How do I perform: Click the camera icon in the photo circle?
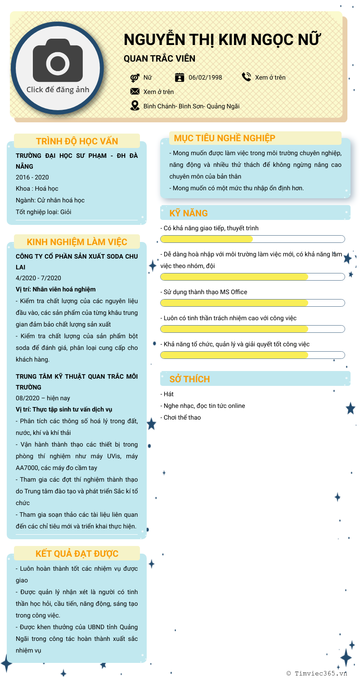pyautogui.click(x=58, y=61)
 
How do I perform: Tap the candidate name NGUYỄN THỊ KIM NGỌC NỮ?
pyautogui.click(x=222, y=40)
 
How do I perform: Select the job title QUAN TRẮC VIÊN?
pyautogui.click(x=159, y=59)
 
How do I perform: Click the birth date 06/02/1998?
pyautogui.click(x=205, y=77)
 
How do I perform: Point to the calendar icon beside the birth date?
pyautogui.click(x=180, y=77)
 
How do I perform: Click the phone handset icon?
pyautogui.click(x=246, y=77)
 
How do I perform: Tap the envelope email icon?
pyautogui.click(x=135, y=91)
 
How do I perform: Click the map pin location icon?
pyautogui.click(x=135, y=106)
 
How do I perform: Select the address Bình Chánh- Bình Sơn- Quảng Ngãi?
pyautogui.click(x=191, y=106)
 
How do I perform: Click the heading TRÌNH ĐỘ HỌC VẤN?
pyautogui.click(x=77, y=141)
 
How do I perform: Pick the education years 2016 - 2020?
pyautogui.click(x=32, y=177)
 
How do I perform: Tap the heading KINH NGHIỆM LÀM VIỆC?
pyautogui.click(x=77, y=242)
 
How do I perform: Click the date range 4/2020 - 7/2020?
pyautogui.click(x=38, y=278)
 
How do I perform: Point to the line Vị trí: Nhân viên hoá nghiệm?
pyautogui.click(x=56, y=289)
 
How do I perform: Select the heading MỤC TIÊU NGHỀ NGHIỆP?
pyautogui.click(x=225, y=138)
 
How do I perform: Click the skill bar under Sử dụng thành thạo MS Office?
pyautogui.click(x=252, y=303)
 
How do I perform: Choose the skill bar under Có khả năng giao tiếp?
pyautogui.click(x=252, y=239)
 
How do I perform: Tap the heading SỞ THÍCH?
pyautogui.click(x=189, y=379)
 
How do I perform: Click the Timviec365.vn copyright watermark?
pyautogui.click(x=317, y=673)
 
